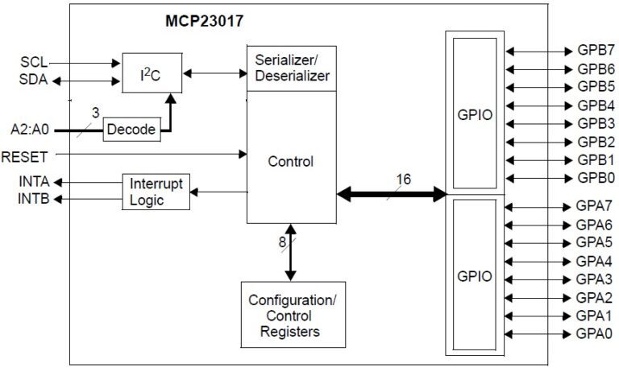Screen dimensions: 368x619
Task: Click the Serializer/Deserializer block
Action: tap(291, 68)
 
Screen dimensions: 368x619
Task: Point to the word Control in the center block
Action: tap(291, 161)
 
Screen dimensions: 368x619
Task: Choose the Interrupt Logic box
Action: tap(156, 192)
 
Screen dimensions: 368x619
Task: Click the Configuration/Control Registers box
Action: tap(293, 315)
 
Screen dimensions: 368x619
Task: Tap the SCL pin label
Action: tap(35, 61)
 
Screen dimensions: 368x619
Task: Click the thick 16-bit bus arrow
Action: tap(392, 194)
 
